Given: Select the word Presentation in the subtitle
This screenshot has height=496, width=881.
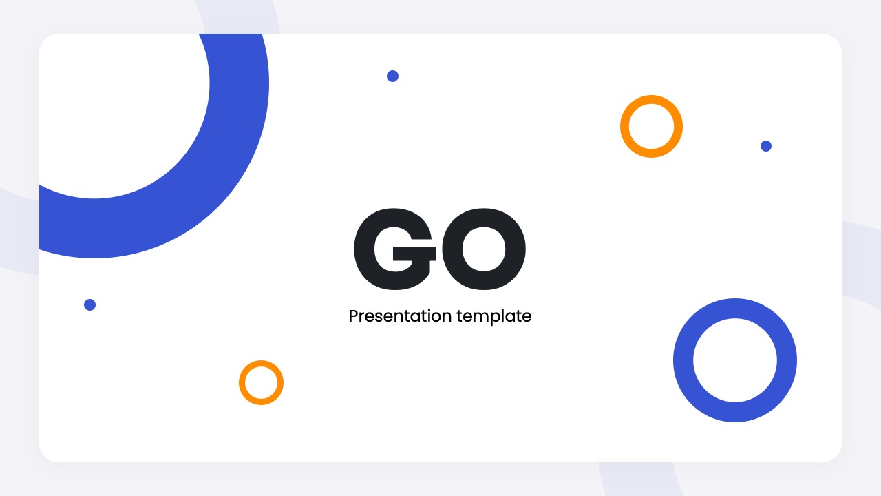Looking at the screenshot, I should point(400,316).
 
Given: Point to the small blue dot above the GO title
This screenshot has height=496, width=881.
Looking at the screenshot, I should point(392,76).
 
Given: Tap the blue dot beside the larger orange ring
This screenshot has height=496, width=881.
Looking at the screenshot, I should point(766,146).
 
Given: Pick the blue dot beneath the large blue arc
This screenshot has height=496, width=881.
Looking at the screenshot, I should point(89,304).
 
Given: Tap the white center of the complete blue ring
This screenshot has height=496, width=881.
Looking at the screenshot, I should point(735,360).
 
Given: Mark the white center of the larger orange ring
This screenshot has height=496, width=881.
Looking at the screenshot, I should point(651,127).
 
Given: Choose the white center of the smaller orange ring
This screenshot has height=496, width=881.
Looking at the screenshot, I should point(262,382).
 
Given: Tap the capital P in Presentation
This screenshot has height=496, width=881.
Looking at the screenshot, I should point(354,316).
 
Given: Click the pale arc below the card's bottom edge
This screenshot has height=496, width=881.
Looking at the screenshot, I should point(637,479).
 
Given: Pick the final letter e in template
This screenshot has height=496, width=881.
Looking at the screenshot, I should point(527,318).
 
